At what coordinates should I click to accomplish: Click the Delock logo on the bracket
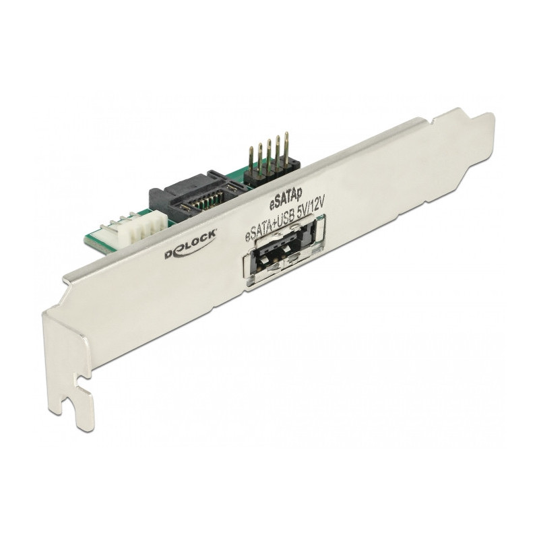point(190,245)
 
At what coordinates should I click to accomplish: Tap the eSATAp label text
point(285,200)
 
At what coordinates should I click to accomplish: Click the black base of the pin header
point(272,171)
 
